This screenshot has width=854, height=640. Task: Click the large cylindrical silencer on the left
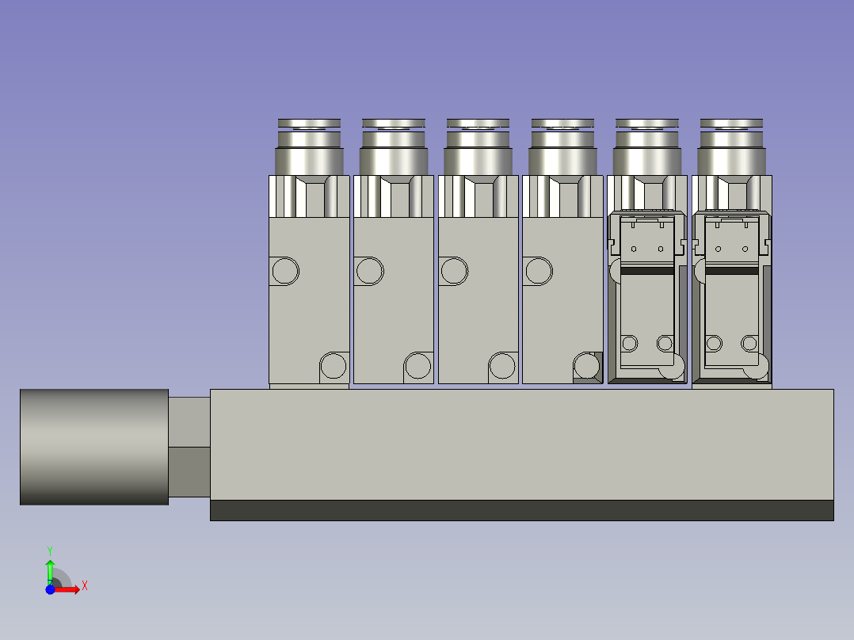[93, 447]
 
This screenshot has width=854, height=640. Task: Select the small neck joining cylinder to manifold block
[189, 447]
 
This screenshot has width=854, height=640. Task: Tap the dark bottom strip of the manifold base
[521, 510]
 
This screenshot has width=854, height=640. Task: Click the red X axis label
[84, 586]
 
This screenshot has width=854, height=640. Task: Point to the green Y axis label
[49, 550]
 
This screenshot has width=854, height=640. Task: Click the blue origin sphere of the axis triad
[50, 589]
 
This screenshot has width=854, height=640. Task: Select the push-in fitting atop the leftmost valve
[310, 148]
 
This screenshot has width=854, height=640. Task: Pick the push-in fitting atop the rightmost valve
[732, 148]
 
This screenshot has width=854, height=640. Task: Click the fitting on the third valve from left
[478, 148]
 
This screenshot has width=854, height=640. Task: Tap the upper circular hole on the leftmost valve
[285, 271]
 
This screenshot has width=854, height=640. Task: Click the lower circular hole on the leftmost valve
[333, 366]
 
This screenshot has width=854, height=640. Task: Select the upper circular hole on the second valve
[369, 271]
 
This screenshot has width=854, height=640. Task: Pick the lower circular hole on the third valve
[502, 366]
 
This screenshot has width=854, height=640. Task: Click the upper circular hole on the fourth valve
[538, 271]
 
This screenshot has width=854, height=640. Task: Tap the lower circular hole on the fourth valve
[587, 365]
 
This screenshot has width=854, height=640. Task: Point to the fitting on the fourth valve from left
[562, 148]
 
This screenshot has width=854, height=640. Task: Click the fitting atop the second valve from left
[394, 148]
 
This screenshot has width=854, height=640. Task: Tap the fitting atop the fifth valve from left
[647, 148]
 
